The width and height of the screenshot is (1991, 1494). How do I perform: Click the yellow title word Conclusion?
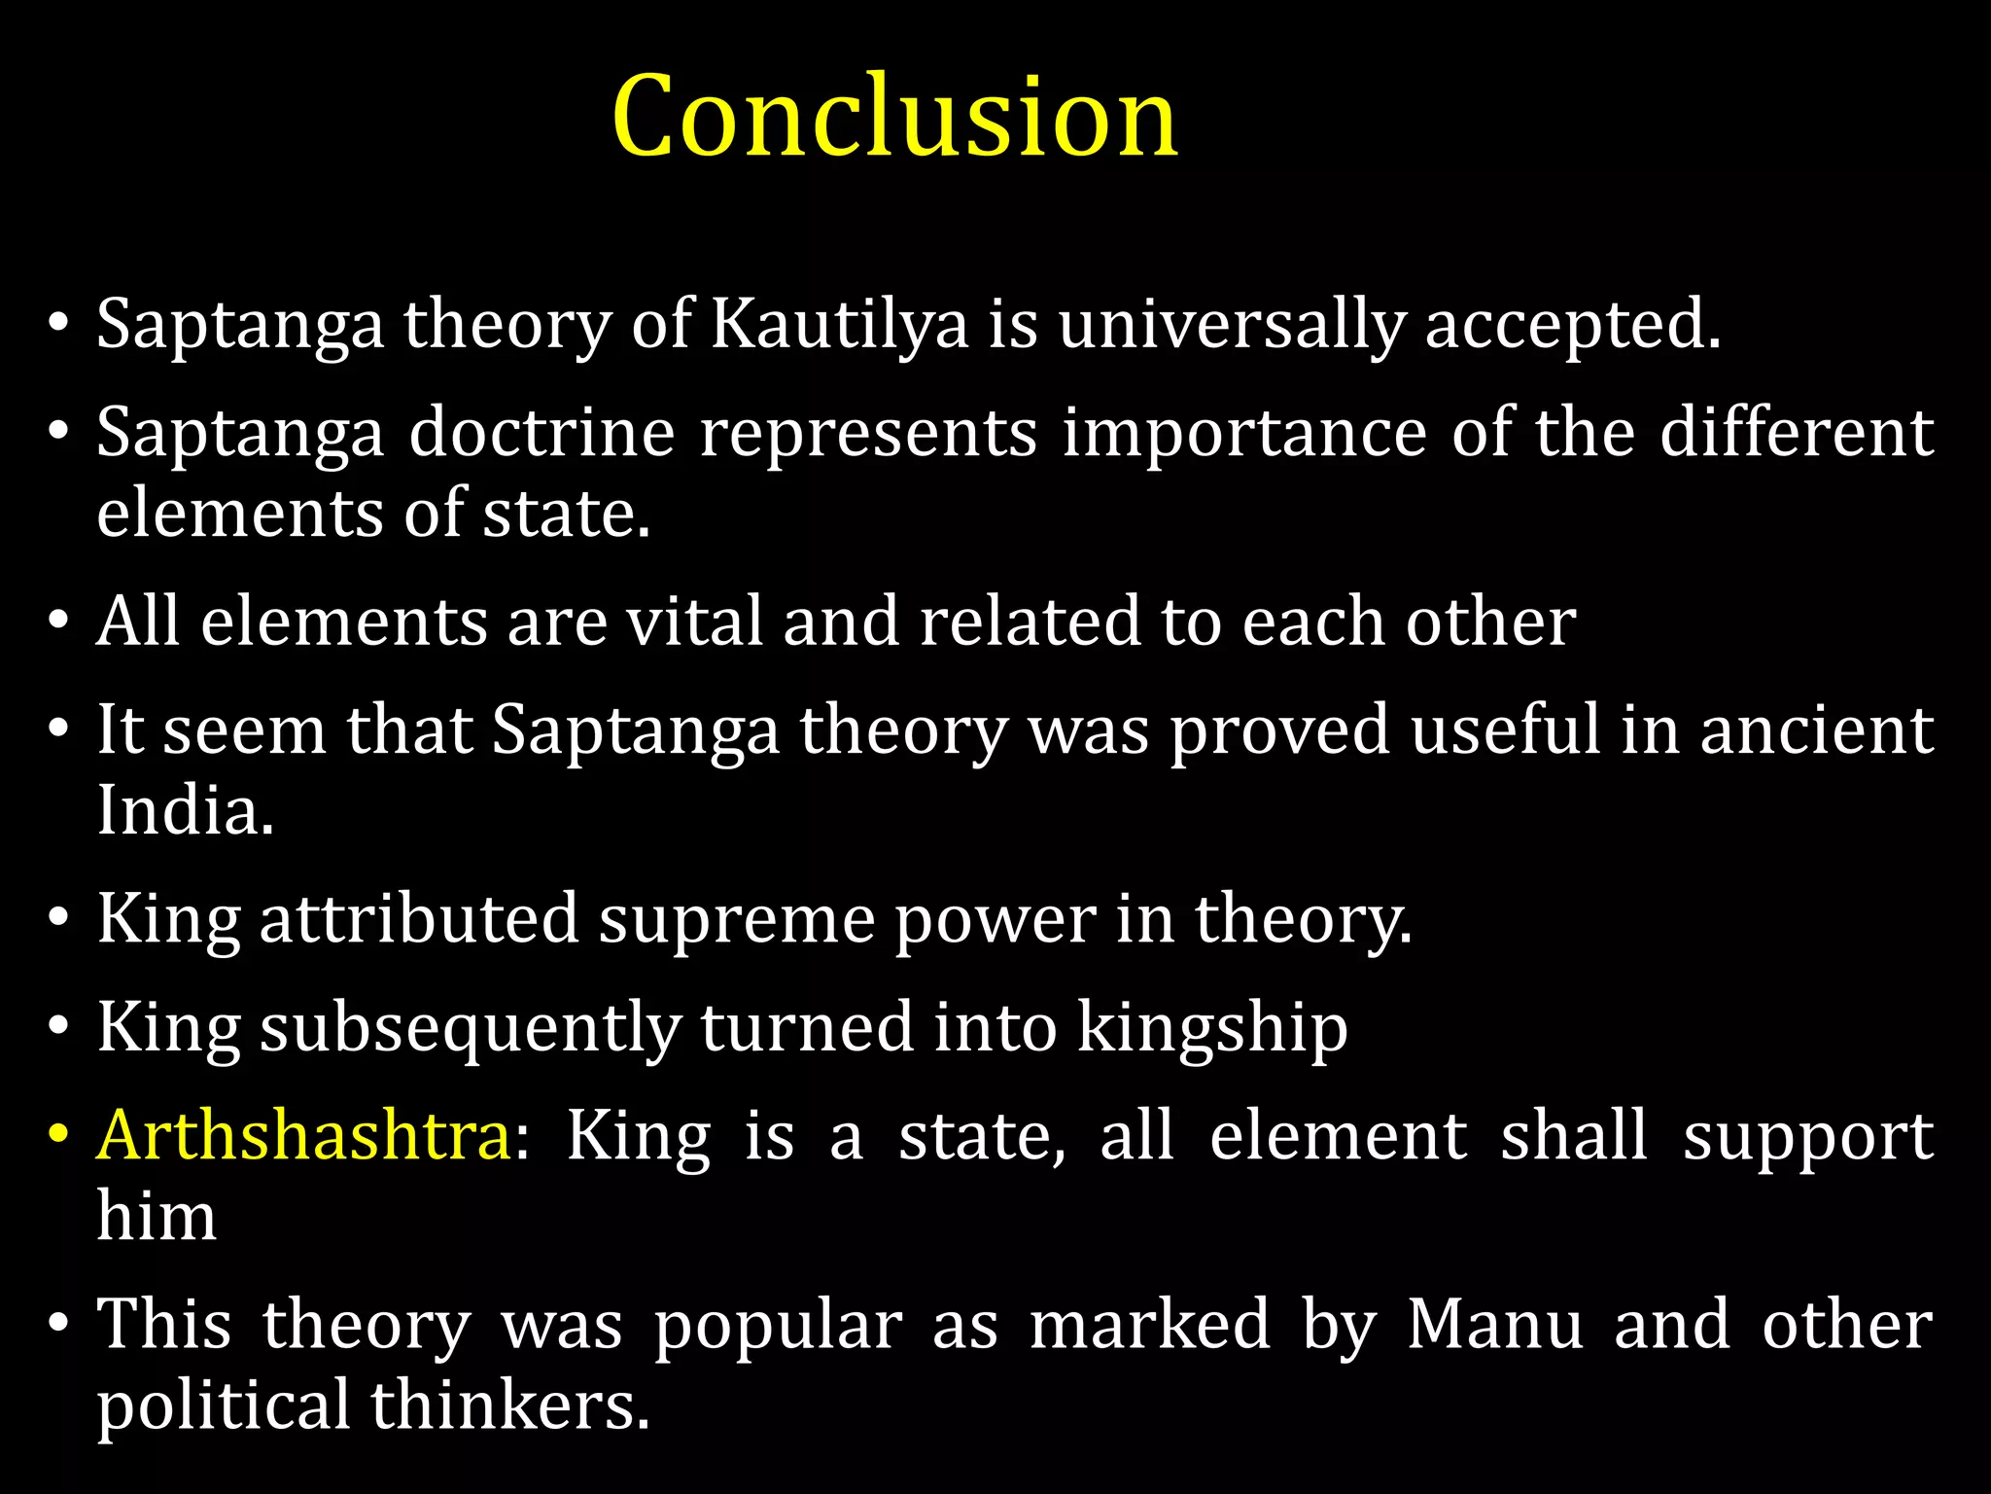(894, 117)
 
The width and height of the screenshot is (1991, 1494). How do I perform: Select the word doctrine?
(541, 432)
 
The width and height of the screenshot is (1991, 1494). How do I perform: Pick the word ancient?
(1816, 729)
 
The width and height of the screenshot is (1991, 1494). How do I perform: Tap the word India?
(185, 810)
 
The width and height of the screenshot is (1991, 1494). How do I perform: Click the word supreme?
(736, 919)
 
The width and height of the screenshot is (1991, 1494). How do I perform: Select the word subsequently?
(471, 1027)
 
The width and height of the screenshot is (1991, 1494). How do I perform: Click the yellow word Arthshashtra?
(304, 1135)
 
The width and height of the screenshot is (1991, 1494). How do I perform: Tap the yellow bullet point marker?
(59, 1135)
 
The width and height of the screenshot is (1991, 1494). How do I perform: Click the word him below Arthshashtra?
(157, 1216)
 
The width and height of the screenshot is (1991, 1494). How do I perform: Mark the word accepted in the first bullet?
(1572, 324)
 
